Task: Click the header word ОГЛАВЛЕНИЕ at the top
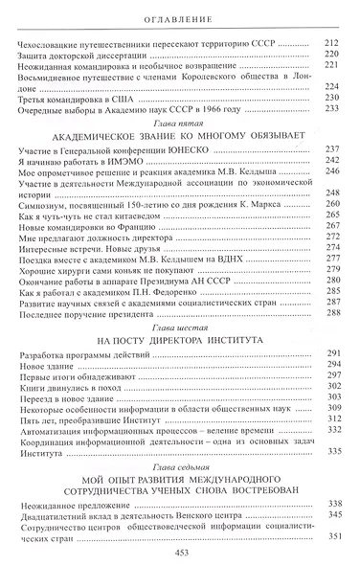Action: coord(179,18)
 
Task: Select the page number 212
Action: coord(333,46)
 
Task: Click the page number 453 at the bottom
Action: coord(179,551)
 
